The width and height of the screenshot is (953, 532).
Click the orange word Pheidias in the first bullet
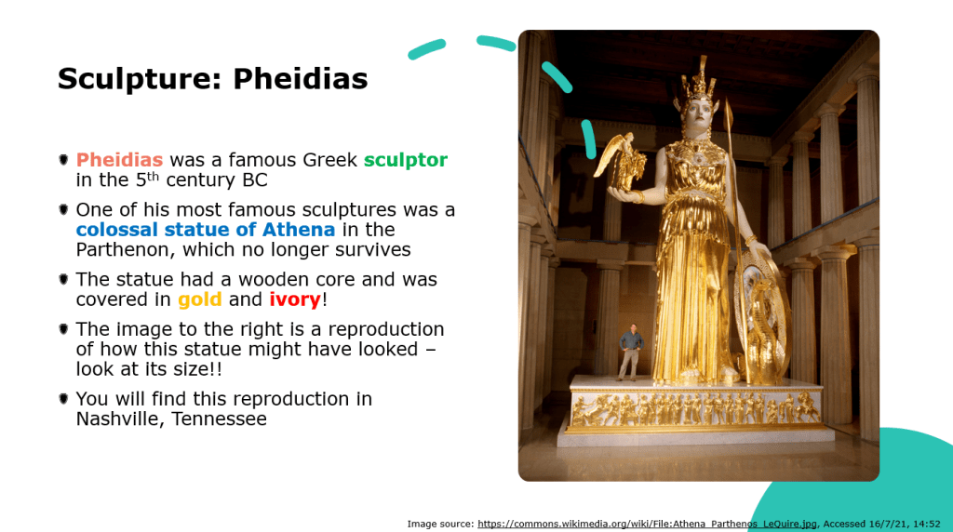119,160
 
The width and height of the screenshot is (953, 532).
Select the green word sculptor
406,161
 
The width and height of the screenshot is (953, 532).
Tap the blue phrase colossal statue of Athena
206,230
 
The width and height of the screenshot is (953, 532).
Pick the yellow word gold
199,300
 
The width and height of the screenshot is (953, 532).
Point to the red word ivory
295,300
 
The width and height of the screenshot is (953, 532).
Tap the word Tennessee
219,419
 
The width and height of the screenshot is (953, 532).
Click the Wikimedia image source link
648,524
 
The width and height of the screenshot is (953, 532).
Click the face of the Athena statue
699,113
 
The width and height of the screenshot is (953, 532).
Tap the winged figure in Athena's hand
621,161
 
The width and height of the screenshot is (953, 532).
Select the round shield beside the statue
761,316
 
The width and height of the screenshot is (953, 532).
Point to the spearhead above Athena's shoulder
729,114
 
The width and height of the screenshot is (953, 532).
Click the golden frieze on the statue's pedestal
696,408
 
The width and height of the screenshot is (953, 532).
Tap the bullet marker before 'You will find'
63,399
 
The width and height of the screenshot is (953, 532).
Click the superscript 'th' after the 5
153,176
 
